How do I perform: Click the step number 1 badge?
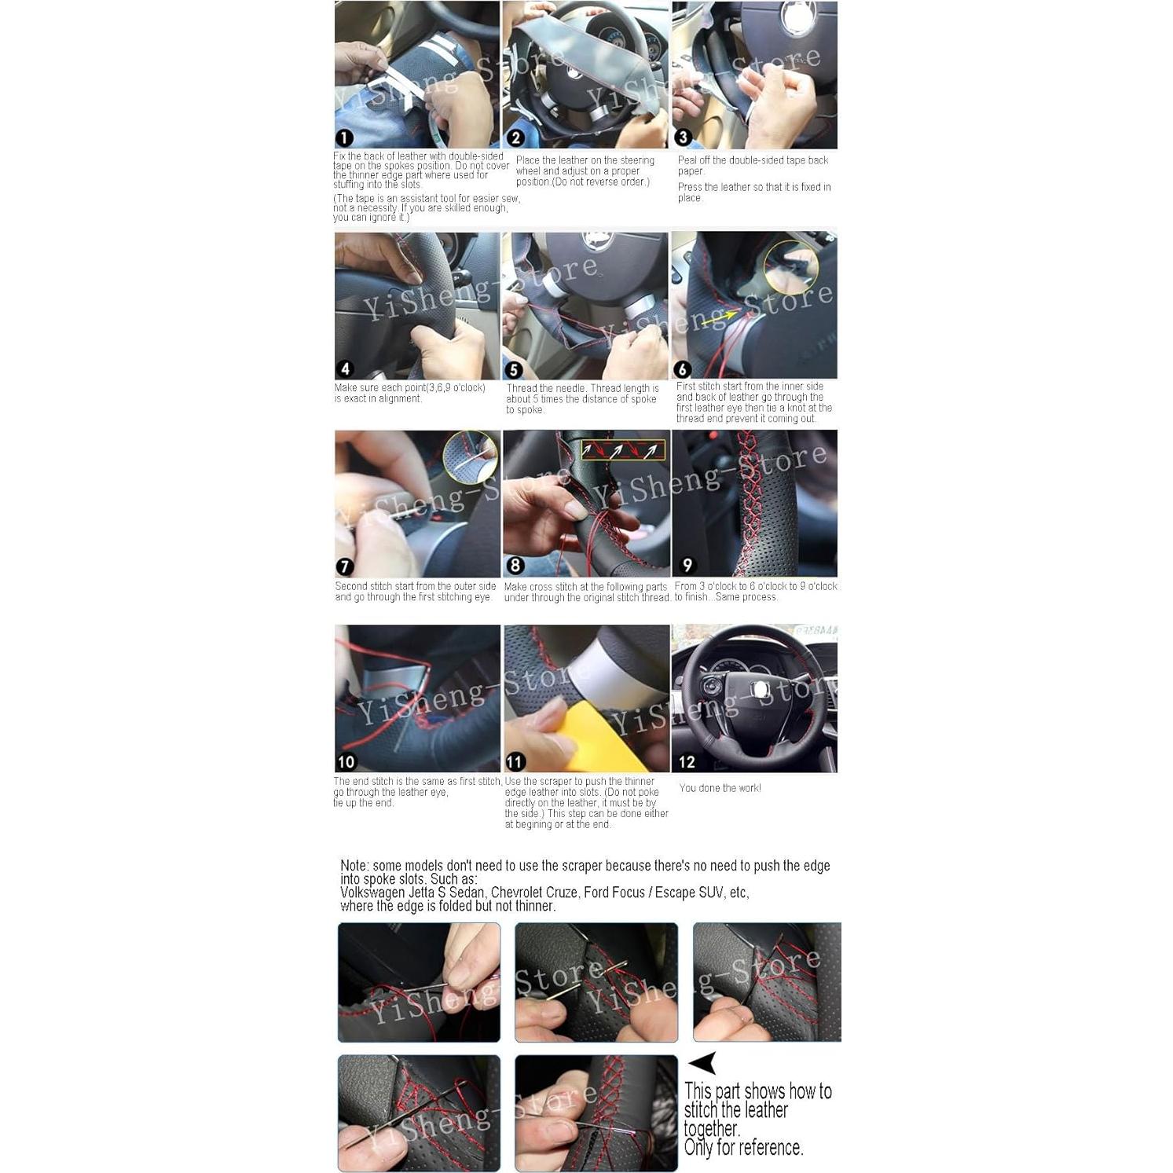point(344,138)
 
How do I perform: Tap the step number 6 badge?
point(682,368)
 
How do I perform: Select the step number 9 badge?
point(687,565)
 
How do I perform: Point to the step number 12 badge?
point(687,761)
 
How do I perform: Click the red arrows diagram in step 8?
point(623,450)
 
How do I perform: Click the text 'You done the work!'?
point(720,788)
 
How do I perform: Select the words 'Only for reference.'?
point(743,1148)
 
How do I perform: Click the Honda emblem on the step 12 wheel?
point(758,689)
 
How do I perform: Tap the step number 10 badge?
point(346,761)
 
